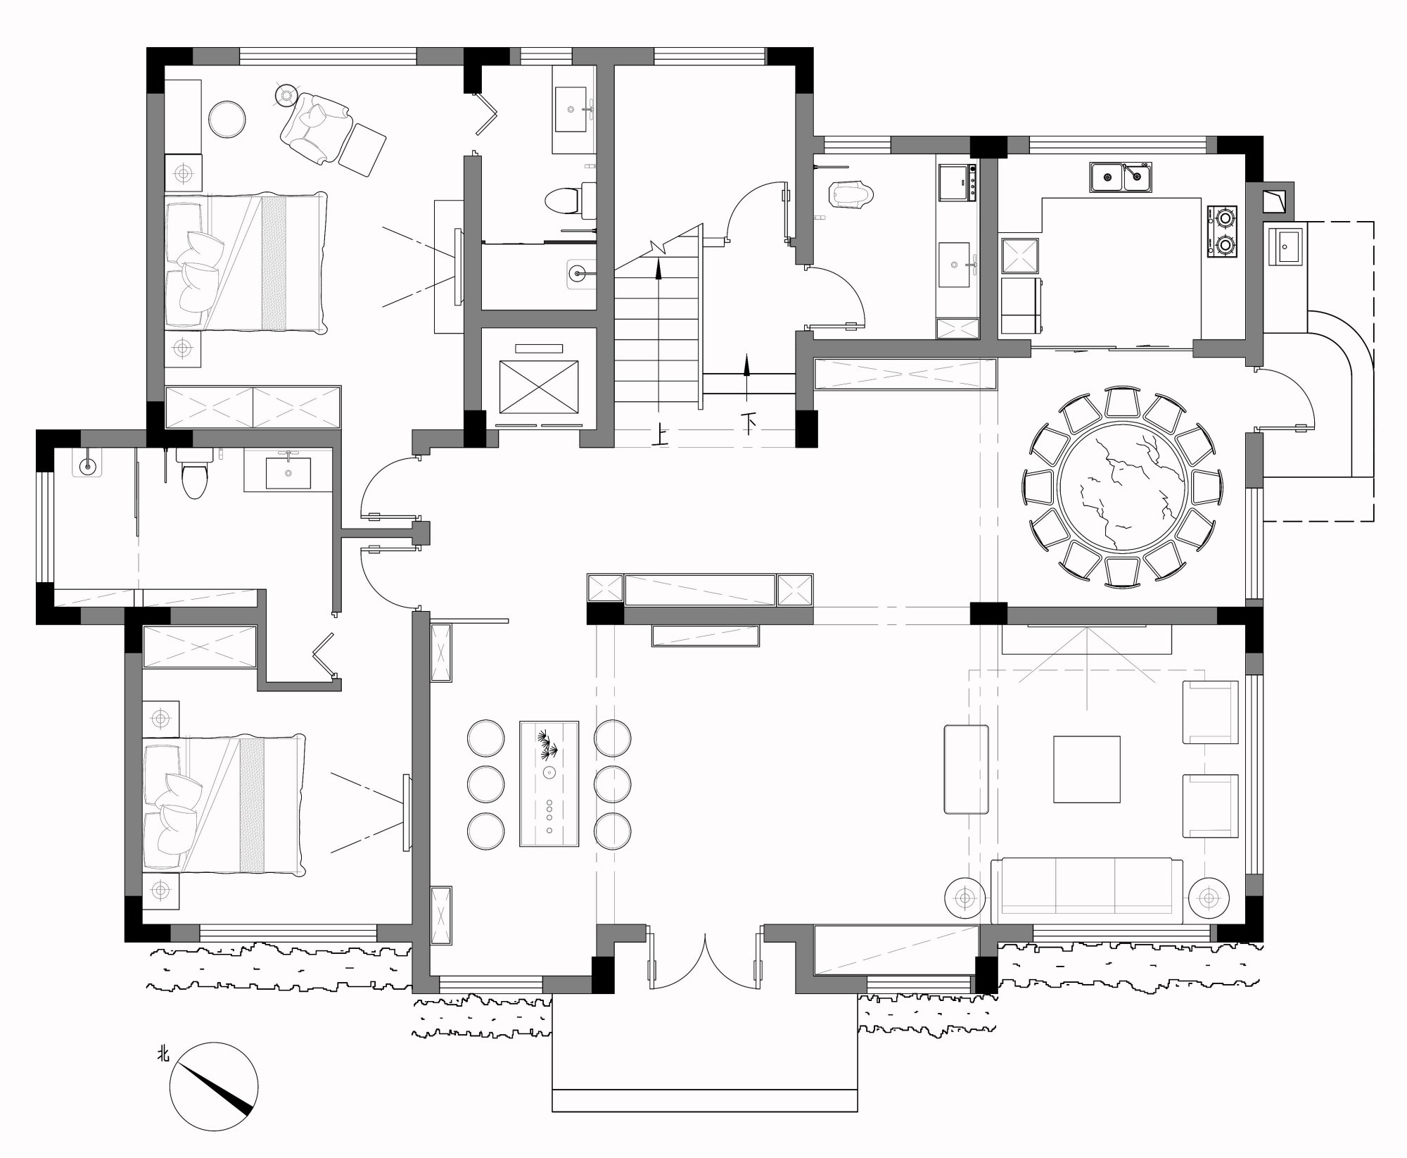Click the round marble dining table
tap(1123, 486)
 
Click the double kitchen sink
tap(1122, 177)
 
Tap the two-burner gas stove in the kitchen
tap(1223, 232)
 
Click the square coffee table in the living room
tap(1086, 769)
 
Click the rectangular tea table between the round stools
tap(549, 783)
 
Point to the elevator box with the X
tap(538, 386)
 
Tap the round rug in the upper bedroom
tap(227, 118)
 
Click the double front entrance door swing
tap(704, 957)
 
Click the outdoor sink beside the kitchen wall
tap(1286, 244)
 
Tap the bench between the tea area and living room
tap(965, 769)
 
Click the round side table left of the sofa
tap(964, 898)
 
